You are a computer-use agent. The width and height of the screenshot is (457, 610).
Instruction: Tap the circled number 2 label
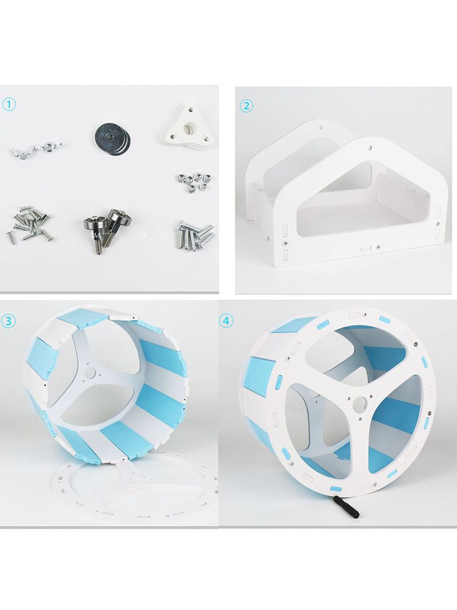tap(246, 106)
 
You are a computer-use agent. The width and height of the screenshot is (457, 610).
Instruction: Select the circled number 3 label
tap(9, 321)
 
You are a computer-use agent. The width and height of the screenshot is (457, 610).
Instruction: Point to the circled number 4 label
tap(226, 321)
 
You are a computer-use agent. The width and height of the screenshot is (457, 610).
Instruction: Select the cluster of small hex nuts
tap(190, 181)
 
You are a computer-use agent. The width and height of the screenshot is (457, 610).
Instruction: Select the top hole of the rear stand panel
tap(322, 127)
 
